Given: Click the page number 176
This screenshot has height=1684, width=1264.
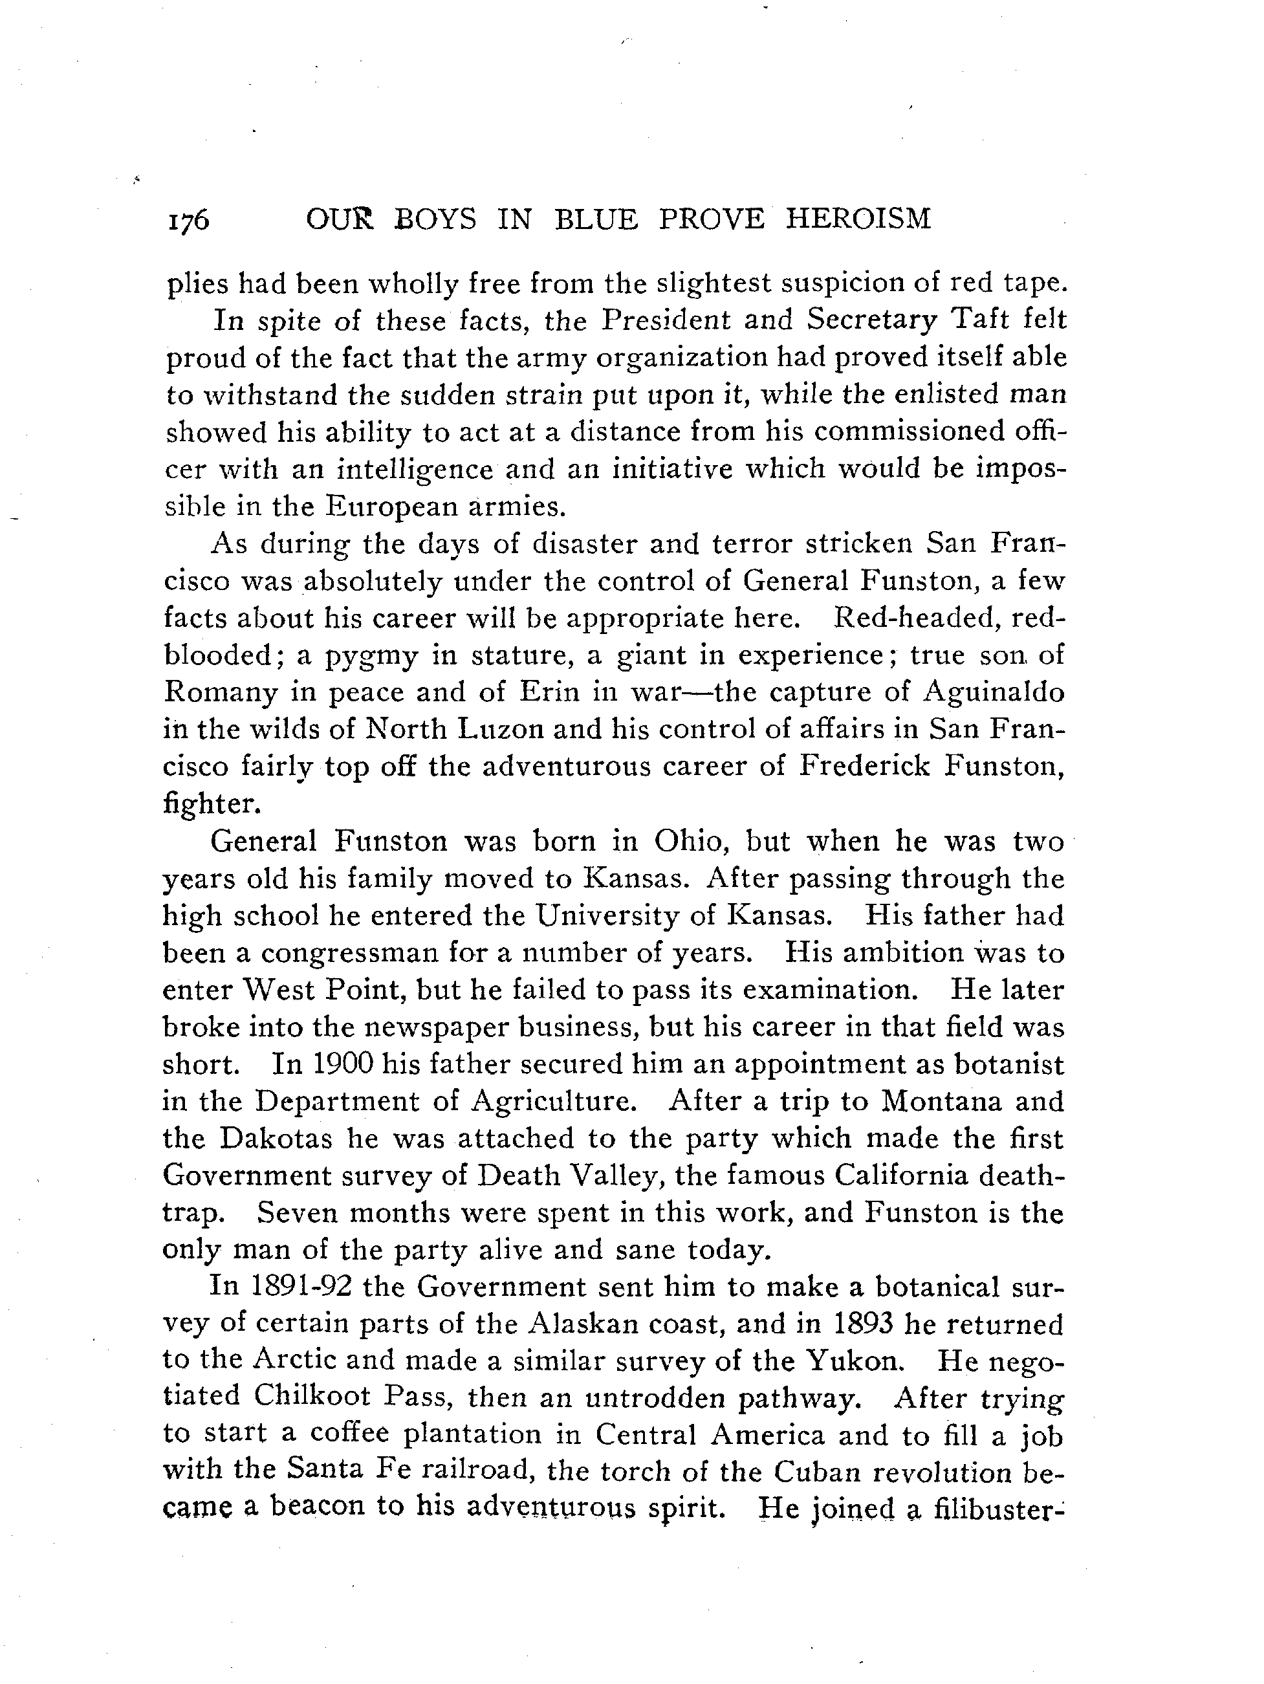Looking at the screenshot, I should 188,221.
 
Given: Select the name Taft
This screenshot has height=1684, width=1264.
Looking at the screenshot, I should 972,320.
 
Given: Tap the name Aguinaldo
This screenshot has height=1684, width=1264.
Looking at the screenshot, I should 993,692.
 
